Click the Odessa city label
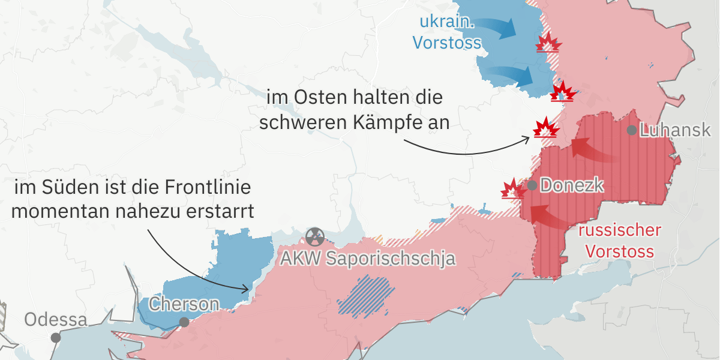55,320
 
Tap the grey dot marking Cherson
184,322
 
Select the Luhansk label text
675,130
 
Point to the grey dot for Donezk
532,185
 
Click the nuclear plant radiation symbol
314,237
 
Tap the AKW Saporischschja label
369,259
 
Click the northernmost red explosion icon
548,43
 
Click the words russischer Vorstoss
620,240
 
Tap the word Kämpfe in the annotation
386,122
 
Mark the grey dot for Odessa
56,338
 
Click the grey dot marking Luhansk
632,130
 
